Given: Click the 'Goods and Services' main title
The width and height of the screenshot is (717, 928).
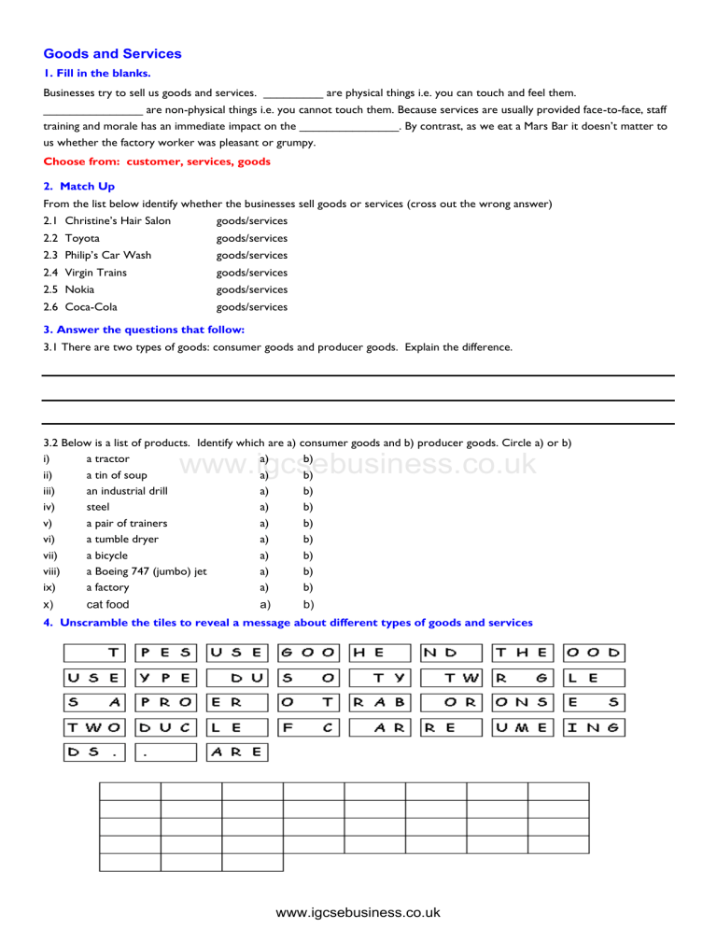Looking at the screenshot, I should (112, 54).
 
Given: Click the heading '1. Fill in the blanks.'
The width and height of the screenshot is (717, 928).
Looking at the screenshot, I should (97, 73).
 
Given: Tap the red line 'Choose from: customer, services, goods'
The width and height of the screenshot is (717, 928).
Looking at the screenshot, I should (157, 162).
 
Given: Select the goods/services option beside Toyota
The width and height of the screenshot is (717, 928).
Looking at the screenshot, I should (251, 238).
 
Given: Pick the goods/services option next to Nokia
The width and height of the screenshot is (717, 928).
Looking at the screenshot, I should (251, 289).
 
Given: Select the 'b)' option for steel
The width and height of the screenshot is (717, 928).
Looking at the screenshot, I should (307, 507).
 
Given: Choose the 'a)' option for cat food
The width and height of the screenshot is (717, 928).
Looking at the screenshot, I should (264, 604).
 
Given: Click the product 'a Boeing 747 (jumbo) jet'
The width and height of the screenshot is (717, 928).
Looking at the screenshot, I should (146, 571).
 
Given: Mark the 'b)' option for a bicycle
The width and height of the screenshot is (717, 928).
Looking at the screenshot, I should (307, 555).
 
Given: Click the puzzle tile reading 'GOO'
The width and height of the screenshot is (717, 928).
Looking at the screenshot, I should (309, 653).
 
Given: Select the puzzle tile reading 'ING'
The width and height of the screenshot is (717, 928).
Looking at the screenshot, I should (595, 725).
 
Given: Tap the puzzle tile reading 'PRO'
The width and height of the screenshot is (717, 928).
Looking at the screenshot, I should (166, 701).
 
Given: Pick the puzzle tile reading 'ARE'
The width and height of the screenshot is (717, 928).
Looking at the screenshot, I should (237, 751).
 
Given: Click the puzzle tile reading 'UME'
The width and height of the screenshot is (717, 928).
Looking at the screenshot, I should (524, 725).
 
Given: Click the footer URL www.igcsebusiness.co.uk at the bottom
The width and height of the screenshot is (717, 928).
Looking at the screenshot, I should (358, 912).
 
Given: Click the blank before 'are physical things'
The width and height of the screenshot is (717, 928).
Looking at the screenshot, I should (293, 92).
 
